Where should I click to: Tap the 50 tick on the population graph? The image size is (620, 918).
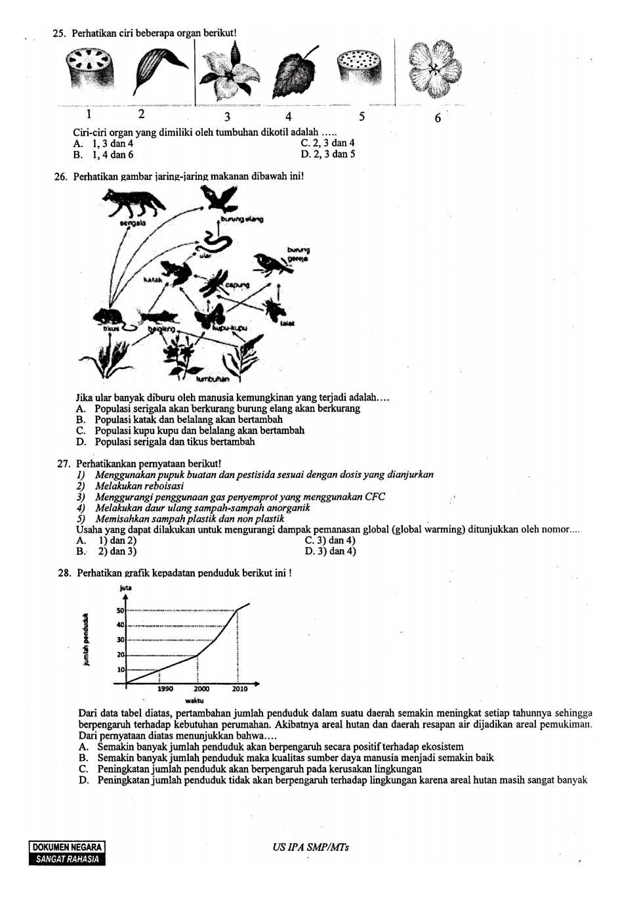point(120,611)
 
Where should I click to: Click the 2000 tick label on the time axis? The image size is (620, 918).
point(201,689)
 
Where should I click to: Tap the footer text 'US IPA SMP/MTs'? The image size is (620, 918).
point(310,848)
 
